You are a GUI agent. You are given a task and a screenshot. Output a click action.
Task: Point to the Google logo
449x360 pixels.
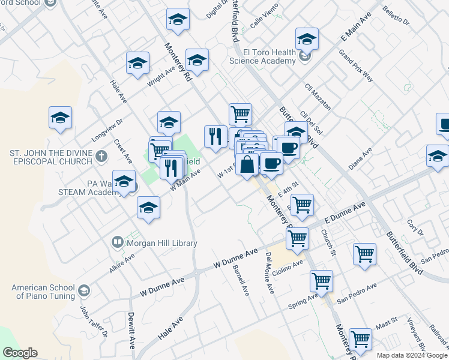20,353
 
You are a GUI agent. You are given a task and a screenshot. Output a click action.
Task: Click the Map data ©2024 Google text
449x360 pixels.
412,355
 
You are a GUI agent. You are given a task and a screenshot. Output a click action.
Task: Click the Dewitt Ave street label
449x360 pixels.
131,331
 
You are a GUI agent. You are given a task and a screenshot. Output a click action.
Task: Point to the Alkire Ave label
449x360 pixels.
122,263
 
